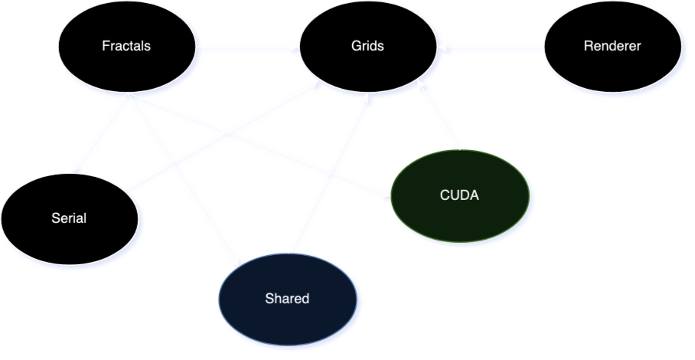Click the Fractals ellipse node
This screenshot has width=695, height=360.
[126, 46]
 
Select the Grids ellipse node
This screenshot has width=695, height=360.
[368, 46]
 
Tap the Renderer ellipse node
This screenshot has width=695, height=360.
[612, 46]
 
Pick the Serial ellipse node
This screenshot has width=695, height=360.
[69, 218]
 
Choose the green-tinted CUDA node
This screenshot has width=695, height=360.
[459, 195]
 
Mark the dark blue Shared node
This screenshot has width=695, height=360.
[287, 299]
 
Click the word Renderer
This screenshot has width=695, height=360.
[612, 46]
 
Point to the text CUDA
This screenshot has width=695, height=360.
[459, 195]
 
